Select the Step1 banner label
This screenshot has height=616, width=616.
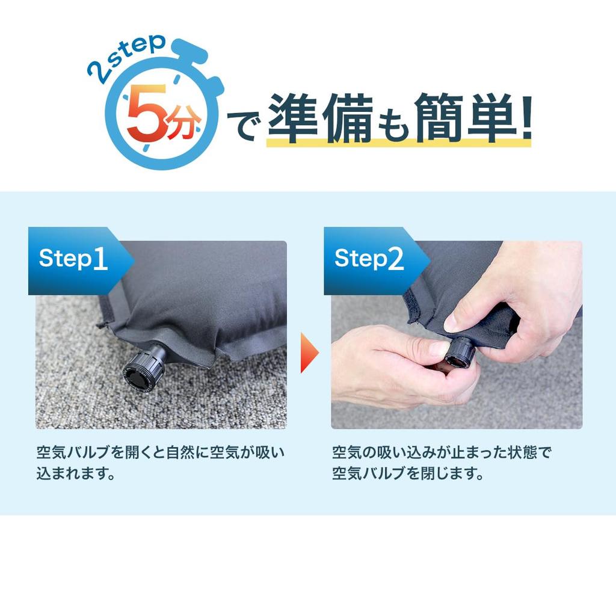[x=73, y=259]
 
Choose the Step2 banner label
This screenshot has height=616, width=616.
[x=369, y=259]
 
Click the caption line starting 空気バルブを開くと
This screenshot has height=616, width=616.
[x=160, y=452]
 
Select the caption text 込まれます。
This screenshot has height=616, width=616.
[x=76, y=473]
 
